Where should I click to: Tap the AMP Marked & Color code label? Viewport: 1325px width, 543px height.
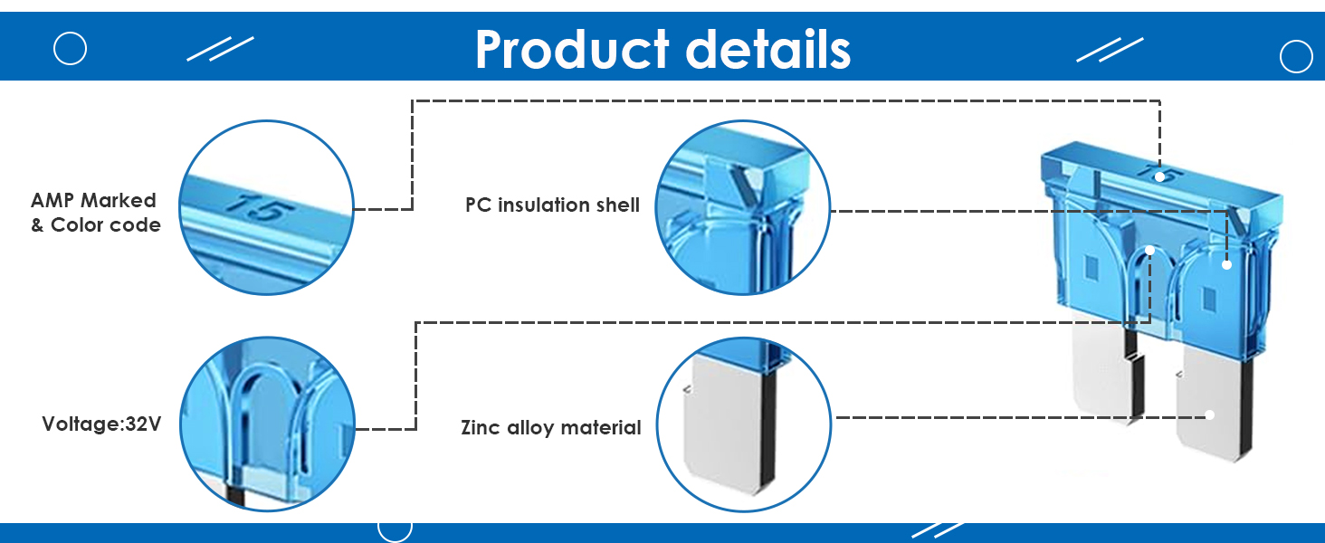[x=95, y=213]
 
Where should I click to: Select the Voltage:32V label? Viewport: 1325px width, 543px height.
[x=101, y=424]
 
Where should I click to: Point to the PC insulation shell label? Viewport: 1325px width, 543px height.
[x=552, y=205]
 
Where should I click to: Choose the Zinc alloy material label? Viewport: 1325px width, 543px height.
[x=550, y=427]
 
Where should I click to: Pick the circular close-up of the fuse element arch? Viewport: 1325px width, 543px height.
[x=266, y=424]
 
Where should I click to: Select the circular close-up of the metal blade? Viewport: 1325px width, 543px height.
[x=743, y=424]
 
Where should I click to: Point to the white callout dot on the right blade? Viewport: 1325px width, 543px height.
[x=1209, y=415]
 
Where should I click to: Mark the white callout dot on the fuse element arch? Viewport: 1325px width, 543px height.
[x=1149, y=250]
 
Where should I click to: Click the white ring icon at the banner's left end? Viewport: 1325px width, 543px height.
[x=70, y=48]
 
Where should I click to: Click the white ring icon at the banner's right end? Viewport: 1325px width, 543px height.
[x=1296, y=57]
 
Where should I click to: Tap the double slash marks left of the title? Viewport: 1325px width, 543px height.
[x=220, y=49]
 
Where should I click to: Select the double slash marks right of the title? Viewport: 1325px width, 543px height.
[x=1110, y=50]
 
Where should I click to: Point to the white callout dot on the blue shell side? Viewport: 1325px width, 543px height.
[x=1226, y=264]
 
